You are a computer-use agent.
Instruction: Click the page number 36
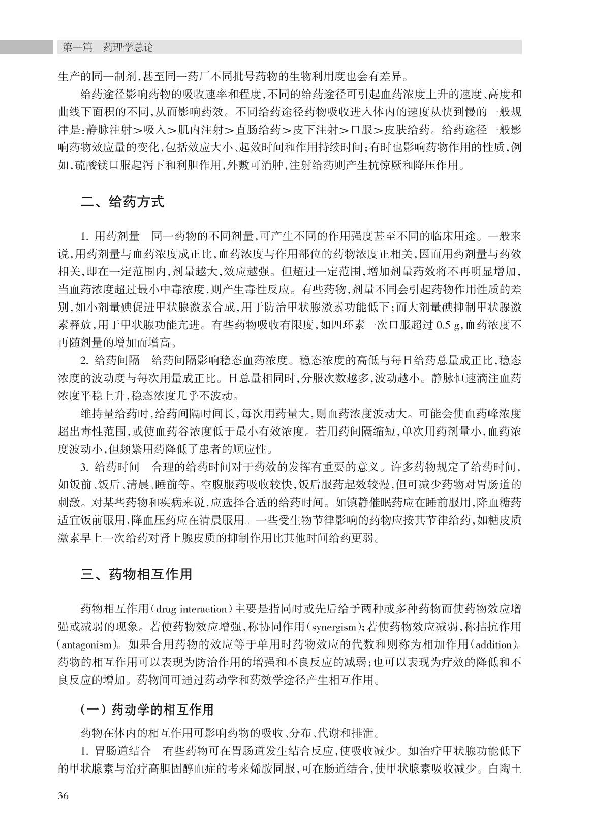pyautogui.click(x=63, y=796)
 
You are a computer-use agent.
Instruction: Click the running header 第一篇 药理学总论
pyautogui.click(x=107, y=47)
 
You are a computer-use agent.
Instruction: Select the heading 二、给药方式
pyautogui.click(x=122, y=202)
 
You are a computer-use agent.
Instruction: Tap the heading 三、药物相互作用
pyautogui.click(x=136, y=574)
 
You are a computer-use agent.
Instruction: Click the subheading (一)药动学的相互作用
pyautogui.click(x=147, y=710)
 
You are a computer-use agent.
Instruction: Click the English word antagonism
pyautogui.click(x=84, y=644)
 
